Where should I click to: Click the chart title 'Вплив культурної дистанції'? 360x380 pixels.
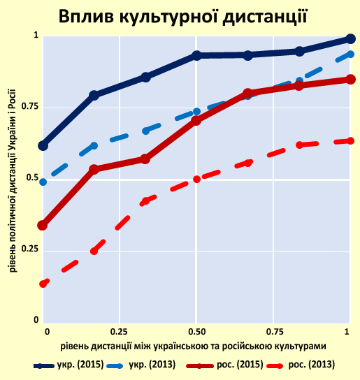[183, 16]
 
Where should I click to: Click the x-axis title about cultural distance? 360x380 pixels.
[194, 346]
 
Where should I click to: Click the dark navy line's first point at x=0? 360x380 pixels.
[43, 145]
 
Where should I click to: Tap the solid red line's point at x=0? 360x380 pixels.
[43, 226]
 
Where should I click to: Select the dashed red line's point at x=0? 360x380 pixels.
[43, 284]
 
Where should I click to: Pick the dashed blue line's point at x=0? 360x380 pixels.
[43, 182]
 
